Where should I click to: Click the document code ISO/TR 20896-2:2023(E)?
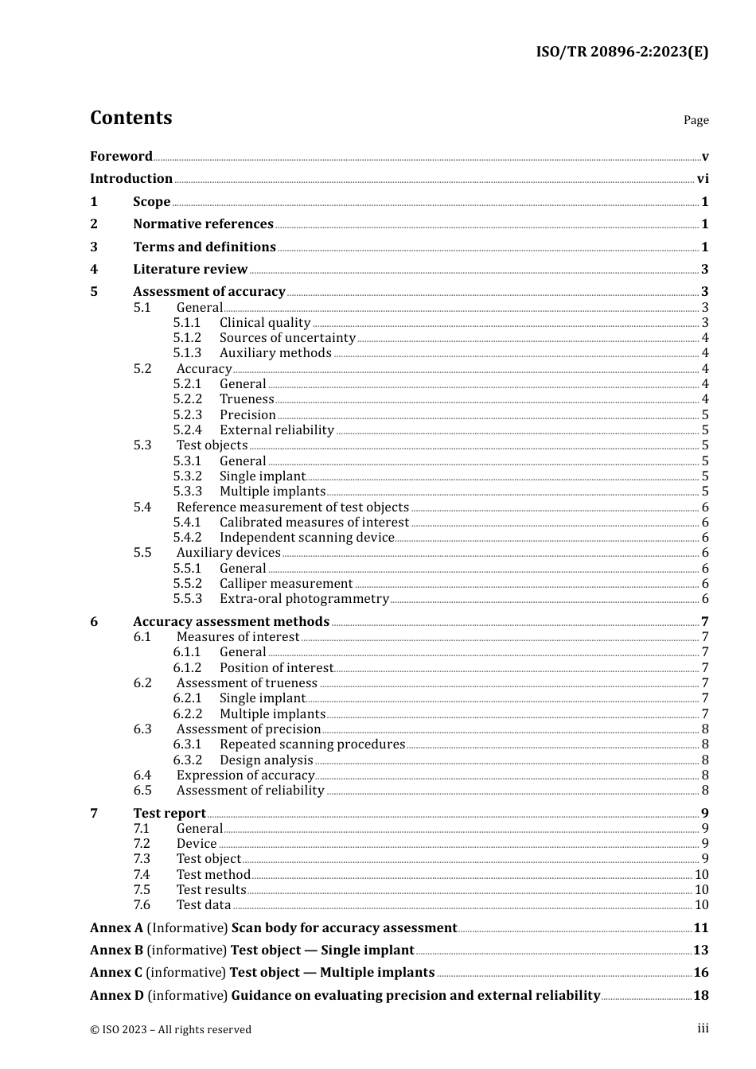tap(622, 52)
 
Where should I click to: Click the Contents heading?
tap(131, 118)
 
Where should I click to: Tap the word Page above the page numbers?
tap(696, 120)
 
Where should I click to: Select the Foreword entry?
tap(121, 157)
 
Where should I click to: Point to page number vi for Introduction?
tap(703, 179)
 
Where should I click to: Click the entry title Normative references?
tap(203, 224)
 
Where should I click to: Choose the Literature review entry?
tap(190, 270)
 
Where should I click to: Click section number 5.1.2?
tap(187, 338)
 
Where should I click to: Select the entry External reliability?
tap(276, 430)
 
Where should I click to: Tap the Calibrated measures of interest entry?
tap(314, 523)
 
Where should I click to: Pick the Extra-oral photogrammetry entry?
tap(304, 599)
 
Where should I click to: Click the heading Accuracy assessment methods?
tap(231, 622)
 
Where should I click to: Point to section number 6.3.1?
tap(187, 744)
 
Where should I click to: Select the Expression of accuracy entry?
tap(245, 776)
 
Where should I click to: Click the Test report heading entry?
tap(170, 813)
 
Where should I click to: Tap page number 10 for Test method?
tap(701, 875)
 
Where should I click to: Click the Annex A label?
tap(116, 928)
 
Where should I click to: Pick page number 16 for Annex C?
tap(701, 973)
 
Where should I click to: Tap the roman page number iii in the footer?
tap(703, 1028)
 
